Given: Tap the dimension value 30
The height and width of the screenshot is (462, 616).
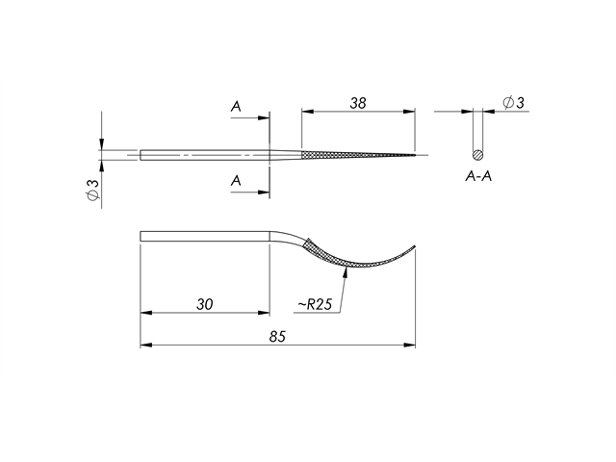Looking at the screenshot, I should [204, 304].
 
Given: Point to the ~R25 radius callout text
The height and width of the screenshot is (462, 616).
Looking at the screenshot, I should [315, 304].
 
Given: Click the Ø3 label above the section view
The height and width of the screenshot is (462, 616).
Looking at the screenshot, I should [513, 102].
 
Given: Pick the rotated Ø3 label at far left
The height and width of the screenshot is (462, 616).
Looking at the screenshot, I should [91, 190].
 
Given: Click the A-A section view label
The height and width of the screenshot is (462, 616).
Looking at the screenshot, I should [479, 177].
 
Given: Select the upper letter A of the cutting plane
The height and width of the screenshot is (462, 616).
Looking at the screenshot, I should [236, 108].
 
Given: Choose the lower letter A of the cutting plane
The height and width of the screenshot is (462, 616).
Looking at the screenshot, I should [236, 181].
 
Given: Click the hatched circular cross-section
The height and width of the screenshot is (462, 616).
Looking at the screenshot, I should [478, 155].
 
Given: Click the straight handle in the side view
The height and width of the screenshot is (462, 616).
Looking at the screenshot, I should [202, 236].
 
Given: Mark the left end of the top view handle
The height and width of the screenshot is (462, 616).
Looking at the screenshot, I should [141, 155].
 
